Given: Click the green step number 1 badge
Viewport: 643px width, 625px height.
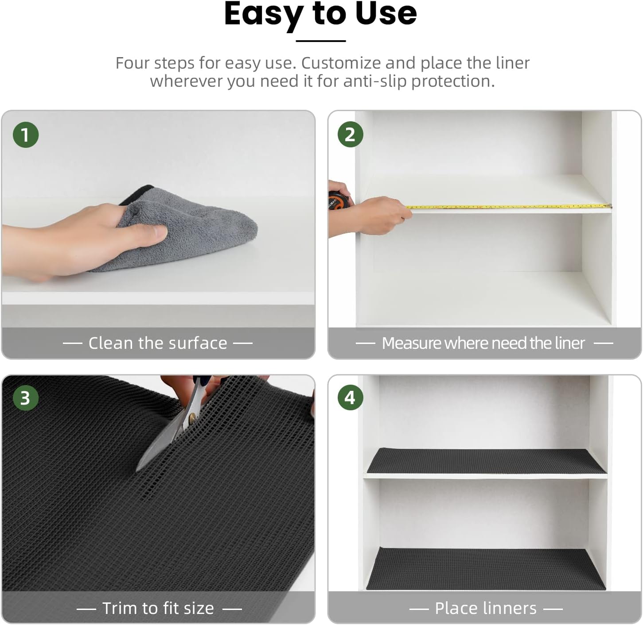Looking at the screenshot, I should [x=26, y=135].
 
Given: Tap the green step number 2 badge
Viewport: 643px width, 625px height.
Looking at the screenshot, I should [x=350, y=135].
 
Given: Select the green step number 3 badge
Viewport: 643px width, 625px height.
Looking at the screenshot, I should [x=26, y=397].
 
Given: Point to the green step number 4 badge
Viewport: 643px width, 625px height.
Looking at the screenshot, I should [x=350, y=397].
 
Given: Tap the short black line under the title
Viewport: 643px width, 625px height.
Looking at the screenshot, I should [x=320, y=41].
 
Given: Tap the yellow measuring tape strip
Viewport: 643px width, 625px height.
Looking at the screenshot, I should [x=510, y=206].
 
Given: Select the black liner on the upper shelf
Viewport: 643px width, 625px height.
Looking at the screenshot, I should [x=486, y=461].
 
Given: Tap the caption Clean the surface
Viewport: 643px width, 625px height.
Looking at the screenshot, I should [x=158, y=343].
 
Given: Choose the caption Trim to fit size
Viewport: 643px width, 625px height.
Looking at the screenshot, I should [x=158, y=608].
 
